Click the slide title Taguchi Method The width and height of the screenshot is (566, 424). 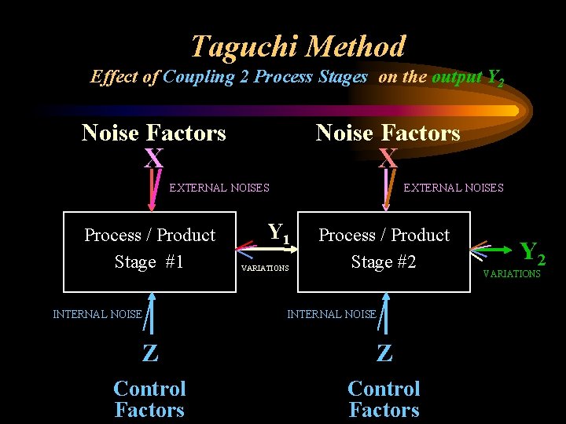(x=298, y=46)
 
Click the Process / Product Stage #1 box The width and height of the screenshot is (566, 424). (x=149, y=251)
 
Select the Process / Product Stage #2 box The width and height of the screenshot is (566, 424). (x=384, y=251)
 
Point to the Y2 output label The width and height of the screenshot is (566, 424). (x=532, y=253)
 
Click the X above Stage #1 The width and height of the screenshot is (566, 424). (x=153, y=159)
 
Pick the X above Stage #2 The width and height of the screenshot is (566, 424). (x=388, y=159)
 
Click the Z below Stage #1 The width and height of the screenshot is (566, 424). (x=149, y=353)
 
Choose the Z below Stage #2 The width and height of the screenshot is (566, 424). (x=384, y=353)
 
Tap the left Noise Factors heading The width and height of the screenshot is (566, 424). (x=153, y=133)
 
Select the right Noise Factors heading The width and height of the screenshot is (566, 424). (x=388, y=133)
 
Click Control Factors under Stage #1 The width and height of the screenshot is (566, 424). (x=149, y=399)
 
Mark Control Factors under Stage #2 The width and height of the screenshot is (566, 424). (x=384, y=399)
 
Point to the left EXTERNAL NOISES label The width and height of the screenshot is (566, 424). (x=219, y=188)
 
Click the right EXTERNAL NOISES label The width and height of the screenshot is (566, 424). (x=454, y=188)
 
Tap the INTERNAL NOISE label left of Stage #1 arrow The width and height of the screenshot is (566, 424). (x=97, y=314)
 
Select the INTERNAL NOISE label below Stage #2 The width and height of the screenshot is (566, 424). (x=332, y=314)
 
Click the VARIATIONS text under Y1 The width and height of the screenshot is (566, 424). (x=265, y=269)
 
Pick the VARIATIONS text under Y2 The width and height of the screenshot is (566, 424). (x=512, y=274)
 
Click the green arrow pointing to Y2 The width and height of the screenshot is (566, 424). (x=495, y=251)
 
